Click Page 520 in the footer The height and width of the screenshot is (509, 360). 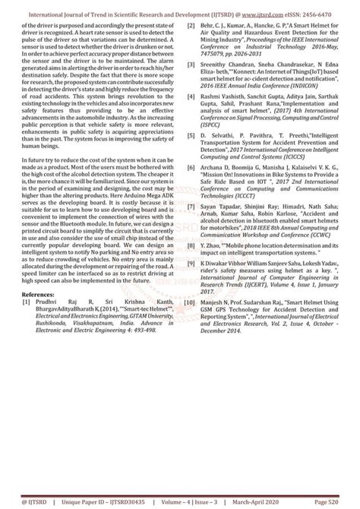point(327,502)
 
